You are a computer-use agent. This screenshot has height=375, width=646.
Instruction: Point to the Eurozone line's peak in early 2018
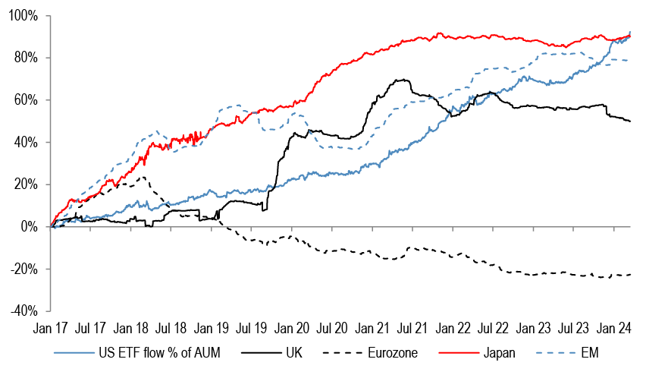pos(142,178)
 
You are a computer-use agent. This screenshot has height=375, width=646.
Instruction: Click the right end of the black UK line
pos(630,121)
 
